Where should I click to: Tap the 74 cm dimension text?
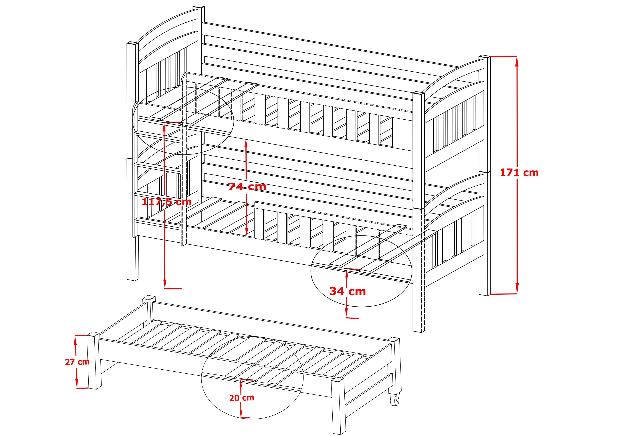[247, 186]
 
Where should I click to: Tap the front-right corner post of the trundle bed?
[338, 406]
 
